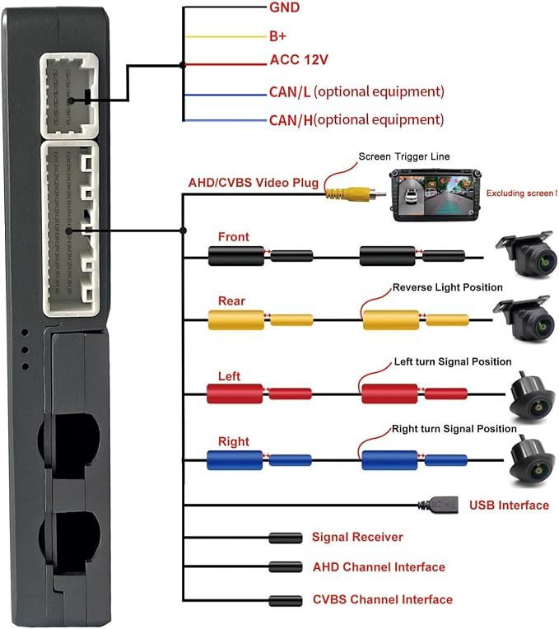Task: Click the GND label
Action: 284,7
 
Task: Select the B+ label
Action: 277,36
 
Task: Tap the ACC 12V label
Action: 299,60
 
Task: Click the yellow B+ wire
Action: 226,37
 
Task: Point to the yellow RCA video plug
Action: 356,193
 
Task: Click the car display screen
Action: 436,195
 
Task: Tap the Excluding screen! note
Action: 521,193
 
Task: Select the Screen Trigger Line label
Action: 403,156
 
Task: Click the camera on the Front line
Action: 527,254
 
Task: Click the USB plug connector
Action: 438,505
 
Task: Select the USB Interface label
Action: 509,505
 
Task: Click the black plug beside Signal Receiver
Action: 286,538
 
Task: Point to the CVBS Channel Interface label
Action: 383,599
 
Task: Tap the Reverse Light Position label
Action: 448,287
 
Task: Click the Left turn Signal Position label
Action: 453,361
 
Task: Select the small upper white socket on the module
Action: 69,96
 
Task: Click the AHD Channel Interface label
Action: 379,566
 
